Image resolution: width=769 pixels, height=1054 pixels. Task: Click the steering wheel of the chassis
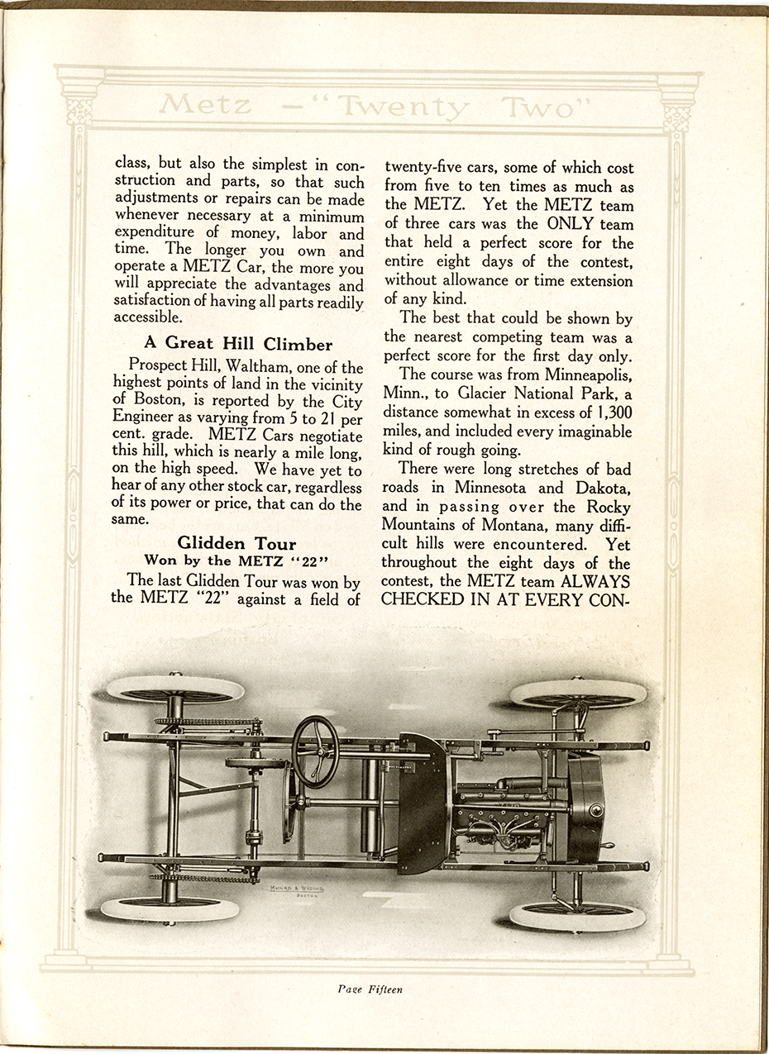[315, 751]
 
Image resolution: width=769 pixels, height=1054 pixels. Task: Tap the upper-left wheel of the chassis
[175, 689]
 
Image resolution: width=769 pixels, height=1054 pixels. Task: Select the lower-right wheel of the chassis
[577, 915]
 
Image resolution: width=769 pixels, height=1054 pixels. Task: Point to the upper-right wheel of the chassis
[578, 693]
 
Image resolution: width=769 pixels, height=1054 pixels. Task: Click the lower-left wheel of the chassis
[170, 909]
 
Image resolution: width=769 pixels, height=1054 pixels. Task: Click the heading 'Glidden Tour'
[236, 542]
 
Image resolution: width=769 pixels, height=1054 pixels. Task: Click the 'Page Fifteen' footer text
[370, 989]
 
